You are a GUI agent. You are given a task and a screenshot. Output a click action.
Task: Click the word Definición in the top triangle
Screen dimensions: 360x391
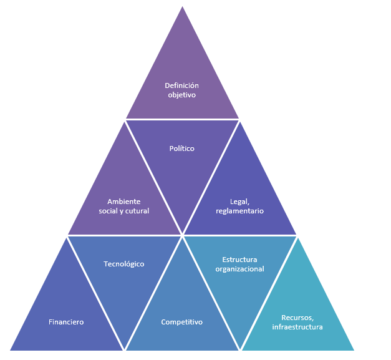click(x=181, y=85)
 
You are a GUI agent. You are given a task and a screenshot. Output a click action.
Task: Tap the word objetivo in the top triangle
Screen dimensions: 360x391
click(x=181, y=95)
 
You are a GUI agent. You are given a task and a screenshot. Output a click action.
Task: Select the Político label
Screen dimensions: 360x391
click(x=182, y=148)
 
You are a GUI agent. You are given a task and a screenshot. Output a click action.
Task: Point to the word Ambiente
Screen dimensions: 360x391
click(x=123, y=202)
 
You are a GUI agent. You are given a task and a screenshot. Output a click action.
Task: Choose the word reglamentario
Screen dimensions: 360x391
click(x=240, y=211)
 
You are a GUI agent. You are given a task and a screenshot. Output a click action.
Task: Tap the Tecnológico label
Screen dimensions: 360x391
click(x=123, y=264)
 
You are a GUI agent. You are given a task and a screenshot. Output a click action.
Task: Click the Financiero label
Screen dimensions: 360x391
click(x=66, y=322)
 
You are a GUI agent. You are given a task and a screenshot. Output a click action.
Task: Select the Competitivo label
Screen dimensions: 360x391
click(x=181, y=322)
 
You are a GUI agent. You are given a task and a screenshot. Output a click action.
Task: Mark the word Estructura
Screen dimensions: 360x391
click(x=239, y=260)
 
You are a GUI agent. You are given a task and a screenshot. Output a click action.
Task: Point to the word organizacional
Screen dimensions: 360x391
click(x=239, y=269)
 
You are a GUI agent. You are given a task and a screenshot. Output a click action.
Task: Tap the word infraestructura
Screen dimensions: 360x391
click(x=297, y=326)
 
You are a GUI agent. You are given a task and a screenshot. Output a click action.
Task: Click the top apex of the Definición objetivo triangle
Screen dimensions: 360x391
click(x=182, y=7)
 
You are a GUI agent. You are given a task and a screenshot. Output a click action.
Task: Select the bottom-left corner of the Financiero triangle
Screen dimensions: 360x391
click(x=11, y=350)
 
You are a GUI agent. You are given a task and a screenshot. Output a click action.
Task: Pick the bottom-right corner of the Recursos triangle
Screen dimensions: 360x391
click(x=354, y=350)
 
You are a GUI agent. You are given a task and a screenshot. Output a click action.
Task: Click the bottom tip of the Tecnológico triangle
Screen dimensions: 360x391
click(x=125, y=349)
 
